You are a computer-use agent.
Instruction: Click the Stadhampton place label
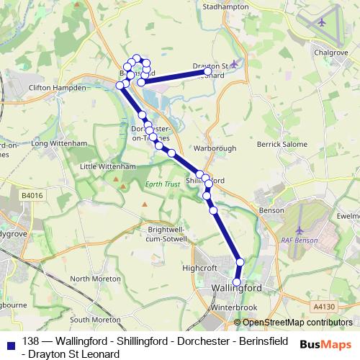[x=225, y=6]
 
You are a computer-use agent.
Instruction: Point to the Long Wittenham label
[x=55, y=143]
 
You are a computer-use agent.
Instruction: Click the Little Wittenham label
[x=108, y=166]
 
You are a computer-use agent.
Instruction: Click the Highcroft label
[x=200, y=267]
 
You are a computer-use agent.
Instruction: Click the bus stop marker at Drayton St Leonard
[x=207, y=72]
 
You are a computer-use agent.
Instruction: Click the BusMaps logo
[x=325, y=344]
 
